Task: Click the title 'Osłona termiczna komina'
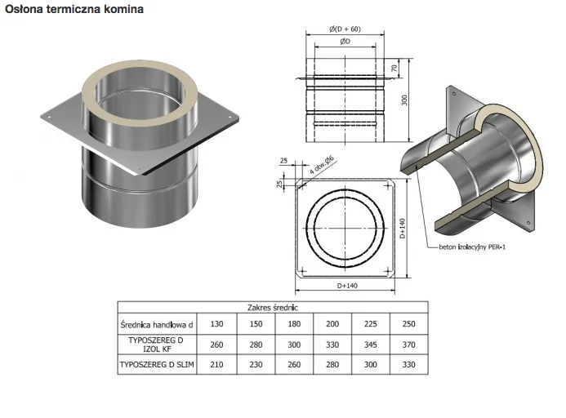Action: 74,9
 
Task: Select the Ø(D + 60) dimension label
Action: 345,29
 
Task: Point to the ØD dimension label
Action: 345,41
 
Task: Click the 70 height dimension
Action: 394,68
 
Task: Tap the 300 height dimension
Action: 404,100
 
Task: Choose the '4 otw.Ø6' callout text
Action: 322,166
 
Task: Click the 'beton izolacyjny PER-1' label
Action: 472,247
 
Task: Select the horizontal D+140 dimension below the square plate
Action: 347,286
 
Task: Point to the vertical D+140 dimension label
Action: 403,228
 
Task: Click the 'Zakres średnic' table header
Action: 273,308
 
